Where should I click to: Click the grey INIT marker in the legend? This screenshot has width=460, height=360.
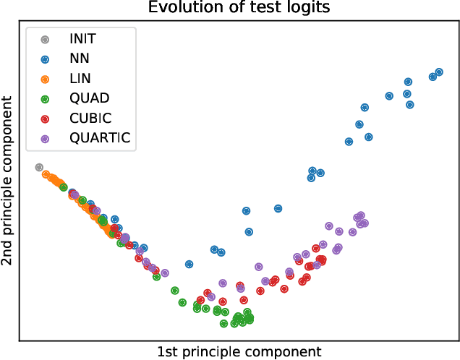point(45,40)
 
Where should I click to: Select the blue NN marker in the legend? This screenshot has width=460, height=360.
point(45,59)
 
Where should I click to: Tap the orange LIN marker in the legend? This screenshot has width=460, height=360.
point(45,79)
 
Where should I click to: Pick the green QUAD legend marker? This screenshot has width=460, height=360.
point(45,98)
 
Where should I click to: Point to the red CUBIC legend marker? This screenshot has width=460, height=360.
point(45,118)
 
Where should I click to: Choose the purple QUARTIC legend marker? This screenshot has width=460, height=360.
point(45,137)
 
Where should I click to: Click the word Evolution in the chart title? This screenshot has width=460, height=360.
point(178,8)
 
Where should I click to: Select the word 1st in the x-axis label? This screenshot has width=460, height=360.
point(168,351)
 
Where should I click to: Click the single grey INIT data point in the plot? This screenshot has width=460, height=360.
point(39,167)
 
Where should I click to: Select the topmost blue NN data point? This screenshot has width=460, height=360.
point(438,72)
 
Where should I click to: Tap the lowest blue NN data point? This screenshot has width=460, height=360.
point(189,265)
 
